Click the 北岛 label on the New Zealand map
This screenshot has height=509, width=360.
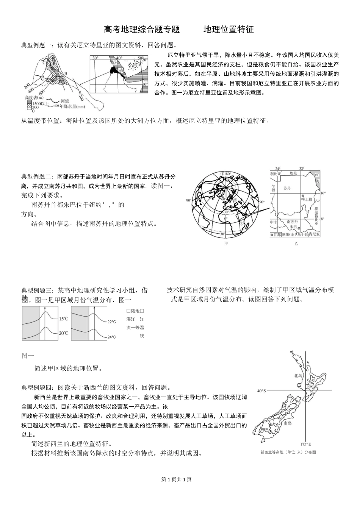[299, 376]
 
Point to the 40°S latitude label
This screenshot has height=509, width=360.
[261, 390]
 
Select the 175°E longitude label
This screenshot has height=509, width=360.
[305, 444]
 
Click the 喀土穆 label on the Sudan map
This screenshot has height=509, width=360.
[307, 199]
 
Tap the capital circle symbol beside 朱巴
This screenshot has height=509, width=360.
[300, 229]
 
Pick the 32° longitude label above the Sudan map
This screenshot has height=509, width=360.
[302, 169]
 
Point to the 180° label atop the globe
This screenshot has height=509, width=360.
[226, 175]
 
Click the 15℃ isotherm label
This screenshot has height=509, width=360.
[63, 319]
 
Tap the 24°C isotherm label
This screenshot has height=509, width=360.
[111, 337]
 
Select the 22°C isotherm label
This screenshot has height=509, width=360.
[111, 322]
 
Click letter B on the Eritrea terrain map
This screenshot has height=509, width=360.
[66, 73]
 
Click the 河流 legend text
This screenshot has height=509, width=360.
[64, 101]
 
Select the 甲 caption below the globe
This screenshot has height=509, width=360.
[226, 244]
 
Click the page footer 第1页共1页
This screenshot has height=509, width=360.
[177, 480]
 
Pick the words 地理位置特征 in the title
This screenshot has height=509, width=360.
[229, 30]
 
